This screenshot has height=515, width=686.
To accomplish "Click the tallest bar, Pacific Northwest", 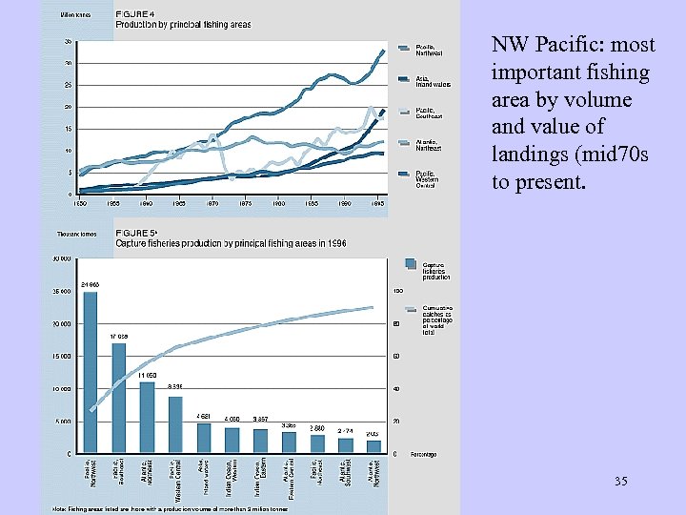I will (x=90, y=373).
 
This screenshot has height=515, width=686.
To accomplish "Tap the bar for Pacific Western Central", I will (x=175, y=424).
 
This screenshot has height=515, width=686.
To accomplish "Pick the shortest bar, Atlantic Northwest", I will (x=374, y=446).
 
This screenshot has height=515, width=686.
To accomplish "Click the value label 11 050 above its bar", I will (x=148, y=376).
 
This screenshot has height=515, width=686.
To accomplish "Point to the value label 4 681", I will (x=204, y=416).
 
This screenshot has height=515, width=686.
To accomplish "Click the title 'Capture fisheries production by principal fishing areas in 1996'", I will (x=231, y=243).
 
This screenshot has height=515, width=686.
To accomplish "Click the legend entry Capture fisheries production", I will (x=433, y=270).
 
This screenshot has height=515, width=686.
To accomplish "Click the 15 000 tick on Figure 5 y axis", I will (x=60, y=357).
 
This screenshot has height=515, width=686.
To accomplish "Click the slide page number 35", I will (x=620, y=482).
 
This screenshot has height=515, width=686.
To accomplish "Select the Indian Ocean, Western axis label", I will (x=232, y=478).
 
